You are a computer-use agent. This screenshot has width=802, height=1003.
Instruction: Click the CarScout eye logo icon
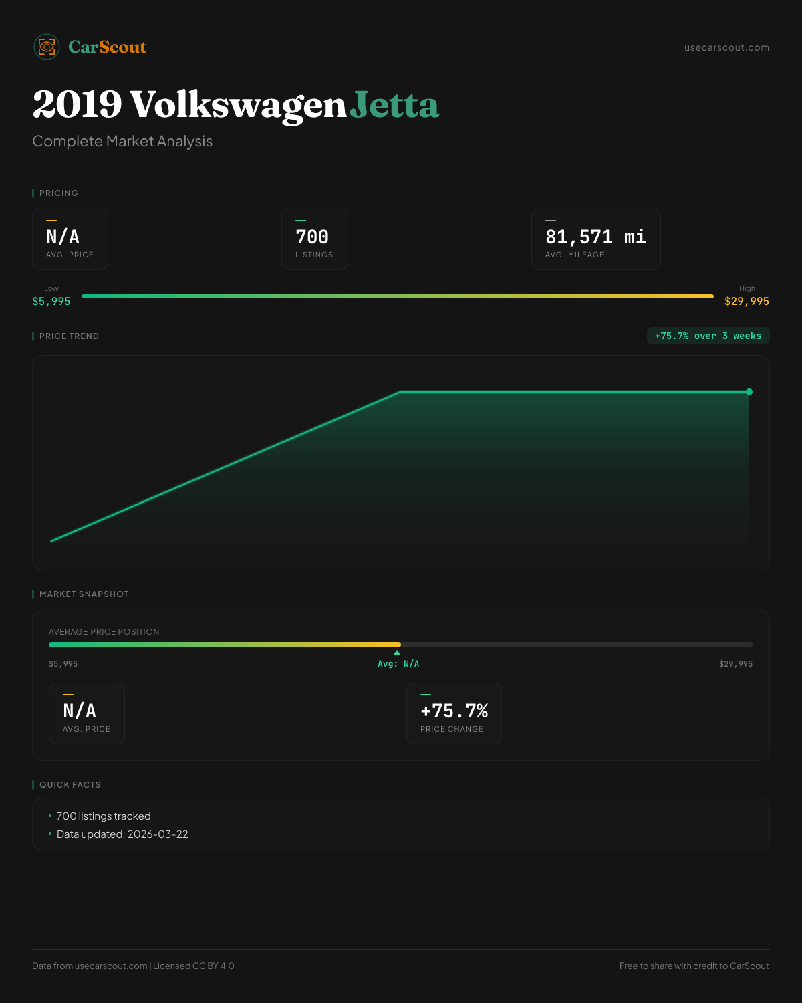(x=47, y=47)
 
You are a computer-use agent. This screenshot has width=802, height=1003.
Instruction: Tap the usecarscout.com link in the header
(x=726, y=47)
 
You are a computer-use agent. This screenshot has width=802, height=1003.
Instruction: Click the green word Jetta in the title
(x=394, y=105)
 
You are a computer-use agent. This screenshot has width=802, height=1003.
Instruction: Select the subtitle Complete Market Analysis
(x=122, y=141)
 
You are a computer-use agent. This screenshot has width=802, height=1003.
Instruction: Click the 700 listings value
(x=312, y=237)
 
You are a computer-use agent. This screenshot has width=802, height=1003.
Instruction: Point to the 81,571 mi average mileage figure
(x=595, y=237)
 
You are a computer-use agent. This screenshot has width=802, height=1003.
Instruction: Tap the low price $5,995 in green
(x=51, y=301)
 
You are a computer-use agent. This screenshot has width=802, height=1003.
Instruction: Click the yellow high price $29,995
(x=747, y=301)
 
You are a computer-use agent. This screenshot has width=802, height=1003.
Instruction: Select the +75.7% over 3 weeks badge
(x=708, y=336)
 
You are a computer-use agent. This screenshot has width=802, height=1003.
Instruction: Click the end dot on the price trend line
(x=749, y=392)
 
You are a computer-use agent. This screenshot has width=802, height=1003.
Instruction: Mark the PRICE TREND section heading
(x=69, y=336)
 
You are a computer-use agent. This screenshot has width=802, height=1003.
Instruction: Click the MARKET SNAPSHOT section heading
(x=84, y=594)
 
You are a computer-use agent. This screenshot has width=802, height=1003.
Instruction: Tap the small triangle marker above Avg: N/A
(x=397, y=653)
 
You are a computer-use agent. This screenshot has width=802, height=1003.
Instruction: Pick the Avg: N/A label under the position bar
(x=398, y=664)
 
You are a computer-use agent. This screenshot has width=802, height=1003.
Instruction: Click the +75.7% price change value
(x=454, y=711)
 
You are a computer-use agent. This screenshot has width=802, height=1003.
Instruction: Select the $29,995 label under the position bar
(x=735, y=664)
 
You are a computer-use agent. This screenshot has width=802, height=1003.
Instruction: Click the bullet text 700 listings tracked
(x=104, y=816)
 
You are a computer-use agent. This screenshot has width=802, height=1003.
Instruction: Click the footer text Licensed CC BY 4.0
(x=194, y=966)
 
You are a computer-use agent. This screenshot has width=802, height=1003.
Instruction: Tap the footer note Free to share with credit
(x=694, y=966)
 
